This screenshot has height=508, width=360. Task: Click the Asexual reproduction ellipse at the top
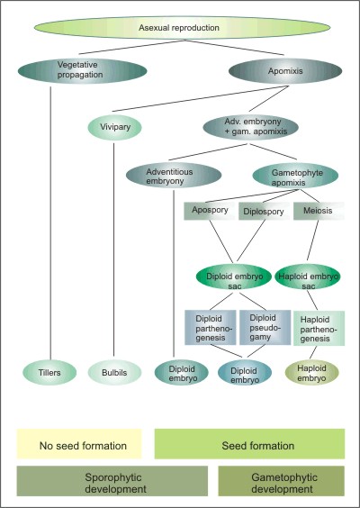tap(182, 28)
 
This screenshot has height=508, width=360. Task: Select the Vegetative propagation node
tap(82, 71)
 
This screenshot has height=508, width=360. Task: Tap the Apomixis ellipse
tap(285, 71)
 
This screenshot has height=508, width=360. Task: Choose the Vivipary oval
tap(115, 127)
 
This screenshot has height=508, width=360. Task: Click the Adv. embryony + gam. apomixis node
tap(250, 127)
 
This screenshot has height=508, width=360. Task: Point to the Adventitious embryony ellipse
tap(174, 176)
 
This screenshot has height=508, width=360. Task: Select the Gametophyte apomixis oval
tap(295, 176)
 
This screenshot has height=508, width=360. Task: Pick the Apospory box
tap(210, 211)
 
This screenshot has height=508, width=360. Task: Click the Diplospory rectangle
tap(265, 211)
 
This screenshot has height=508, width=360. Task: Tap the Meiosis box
tap(319, 211)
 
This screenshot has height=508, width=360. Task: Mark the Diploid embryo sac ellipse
tap(234, 277)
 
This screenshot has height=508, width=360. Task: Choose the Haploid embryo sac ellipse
tap(308, 277)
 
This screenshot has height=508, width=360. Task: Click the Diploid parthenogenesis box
tap(210, 328)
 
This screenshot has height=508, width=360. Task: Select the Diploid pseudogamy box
tap(265, 328)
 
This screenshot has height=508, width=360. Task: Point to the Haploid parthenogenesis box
tap(319, 329)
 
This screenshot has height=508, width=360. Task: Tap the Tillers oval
tap(49, 373)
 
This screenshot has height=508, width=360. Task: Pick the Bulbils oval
tap(114, 373)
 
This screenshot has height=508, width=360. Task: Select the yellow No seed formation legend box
tap(79, 444)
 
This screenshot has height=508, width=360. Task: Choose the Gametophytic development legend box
tap(282, 481)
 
